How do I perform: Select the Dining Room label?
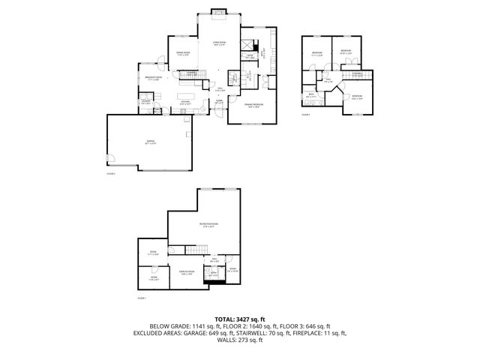tap(182, 53)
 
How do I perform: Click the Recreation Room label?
tap(208, 225)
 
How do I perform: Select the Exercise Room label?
tap(187, 271)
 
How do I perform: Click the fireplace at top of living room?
tap(219, 11)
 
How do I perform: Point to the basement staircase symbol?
tap(196, 250)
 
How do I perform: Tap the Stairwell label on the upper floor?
tap(357, 73)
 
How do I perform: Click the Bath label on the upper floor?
tap(310, 95)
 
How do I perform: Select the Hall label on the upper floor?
tap(328, 80)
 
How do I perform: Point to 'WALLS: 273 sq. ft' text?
tap(240, 340)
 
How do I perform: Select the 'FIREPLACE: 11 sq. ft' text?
tap(318, 333)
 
